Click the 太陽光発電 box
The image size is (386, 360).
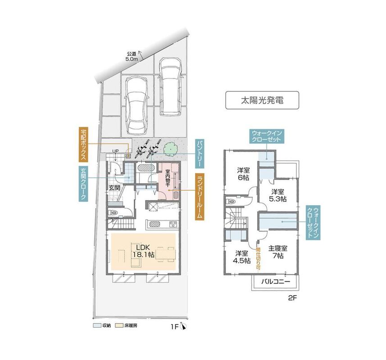[x=262, y=100]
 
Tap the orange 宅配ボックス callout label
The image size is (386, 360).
[x=83, y=144]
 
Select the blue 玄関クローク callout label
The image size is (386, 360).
[x=83, y=184]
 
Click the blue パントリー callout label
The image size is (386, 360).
[x=200, y=154]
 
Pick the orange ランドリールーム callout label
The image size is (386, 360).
[x=200, y=196]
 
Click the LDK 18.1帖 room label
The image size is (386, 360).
[x=143, y=251]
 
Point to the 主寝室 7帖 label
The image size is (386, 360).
[x=278, y=252]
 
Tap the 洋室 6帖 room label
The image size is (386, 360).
[x=243, y=174]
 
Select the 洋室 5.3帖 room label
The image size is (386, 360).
[x=278, y=195]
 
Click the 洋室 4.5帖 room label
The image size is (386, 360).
[x=242, y=256]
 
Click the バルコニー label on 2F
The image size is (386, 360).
[x=276, y=282]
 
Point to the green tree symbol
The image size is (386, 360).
[x=170, y=149]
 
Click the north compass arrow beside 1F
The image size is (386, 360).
[x=183, y=326]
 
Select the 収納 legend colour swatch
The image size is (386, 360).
[x=96, y=325]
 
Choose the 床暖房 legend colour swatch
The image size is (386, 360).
[x=119, y=325]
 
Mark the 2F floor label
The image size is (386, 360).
[x=293, y=298]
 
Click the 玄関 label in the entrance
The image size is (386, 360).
[x=114, y=188]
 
